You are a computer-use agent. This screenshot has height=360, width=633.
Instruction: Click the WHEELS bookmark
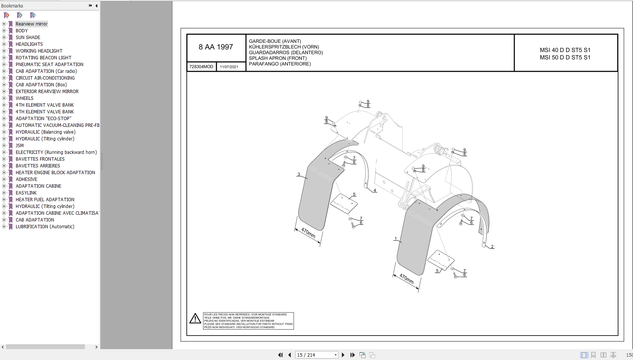(x=24, y=98)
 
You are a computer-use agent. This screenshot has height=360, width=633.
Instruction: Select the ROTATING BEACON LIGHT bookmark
(x=44, y=57)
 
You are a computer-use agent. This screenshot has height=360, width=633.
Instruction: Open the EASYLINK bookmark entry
(x=26, y=193)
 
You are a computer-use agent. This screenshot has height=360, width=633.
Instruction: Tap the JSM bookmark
(x=20, y=145)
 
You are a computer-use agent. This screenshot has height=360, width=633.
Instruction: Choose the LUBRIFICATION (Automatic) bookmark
(x=45, y=227)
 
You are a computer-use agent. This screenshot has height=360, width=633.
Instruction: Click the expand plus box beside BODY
(x=4, y=30)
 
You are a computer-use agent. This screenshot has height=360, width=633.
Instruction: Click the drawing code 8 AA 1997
(x=216, y=47)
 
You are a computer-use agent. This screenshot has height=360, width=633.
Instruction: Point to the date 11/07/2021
(x=229, y=67)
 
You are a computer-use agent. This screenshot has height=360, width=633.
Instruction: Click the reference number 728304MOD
(x=201, y=67)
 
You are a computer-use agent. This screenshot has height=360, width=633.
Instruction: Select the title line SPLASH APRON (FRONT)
(x=278, y=58)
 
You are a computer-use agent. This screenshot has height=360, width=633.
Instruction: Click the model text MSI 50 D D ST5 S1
(x=565, y=57)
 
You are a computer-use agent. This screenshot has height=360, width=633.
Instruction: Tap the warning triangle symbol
(x=195, y=318)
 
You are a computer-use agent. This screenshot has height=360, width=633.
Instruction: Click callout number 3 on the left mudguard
(x=299, y=174)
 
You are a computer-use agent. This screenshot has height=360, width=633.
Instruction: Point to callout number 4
(x=375, y=190)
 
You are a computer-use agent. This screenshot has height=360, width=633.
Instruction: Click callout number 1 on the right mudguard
(x=396, y=239)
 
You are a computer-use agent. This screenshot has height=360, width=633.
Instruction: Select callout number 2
(x=492, y=247)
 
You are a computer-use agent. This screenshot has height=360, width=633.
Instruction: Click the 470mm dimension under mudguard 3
(x=308, y=233)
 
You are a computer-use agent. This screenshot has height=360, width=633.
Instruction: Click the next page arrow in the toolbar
(x=343, y=355)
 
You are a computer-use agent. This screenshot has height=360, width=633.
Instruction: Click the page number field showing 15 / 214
(x=316, y=355)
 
